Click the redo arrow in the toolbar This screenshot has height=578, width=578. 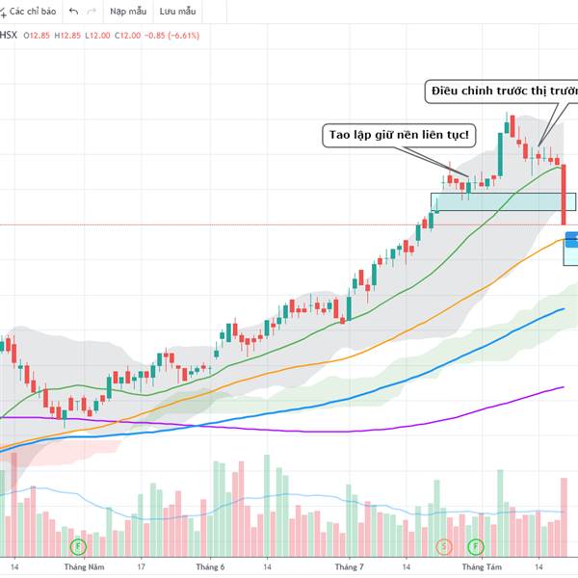(x=92, y=12)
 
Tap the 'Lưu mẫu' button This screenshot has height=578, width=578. (x=179, y=12)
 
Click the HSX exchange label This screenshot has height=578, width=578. (x=9, y=36)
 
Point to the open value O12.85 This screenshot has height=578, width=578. (x=38, y=36)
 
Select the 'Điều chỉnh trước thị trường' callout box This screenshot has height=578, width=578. (x=502, y=92)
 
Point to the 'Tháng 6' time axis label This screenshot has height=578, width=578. (x=210, y=567)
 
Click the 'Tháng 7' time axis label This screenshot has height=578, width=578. (x=349, y=567)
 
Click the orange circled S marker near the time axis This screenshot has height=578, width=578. (x=444, y=546)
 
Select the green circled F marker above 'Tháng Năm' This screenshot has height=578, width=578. (x=78, y=546)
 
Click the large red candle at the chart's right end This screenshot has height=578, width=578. (x=564, y=193)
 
